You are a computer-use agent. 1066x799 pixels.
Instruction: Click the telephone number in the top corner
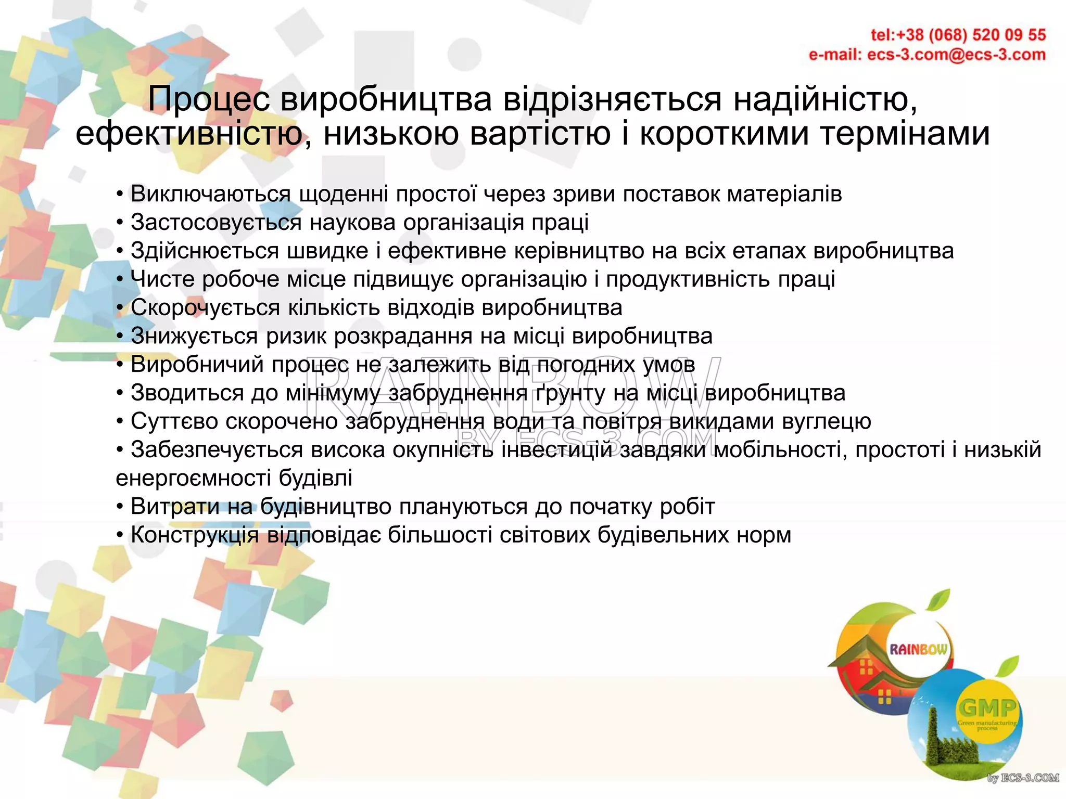click(958, 35)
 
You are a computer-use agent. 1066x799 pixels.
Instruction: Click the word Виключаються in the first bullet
click(210, 194)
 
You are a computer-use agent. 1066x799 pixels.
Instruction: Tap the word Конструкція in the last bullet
click(194, 535)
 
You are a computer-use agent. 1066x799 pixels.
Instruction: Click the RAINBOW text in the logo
click(918, 649)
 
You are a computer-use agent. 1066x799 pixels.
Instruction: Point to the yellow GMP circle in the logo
click(987, 711)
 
